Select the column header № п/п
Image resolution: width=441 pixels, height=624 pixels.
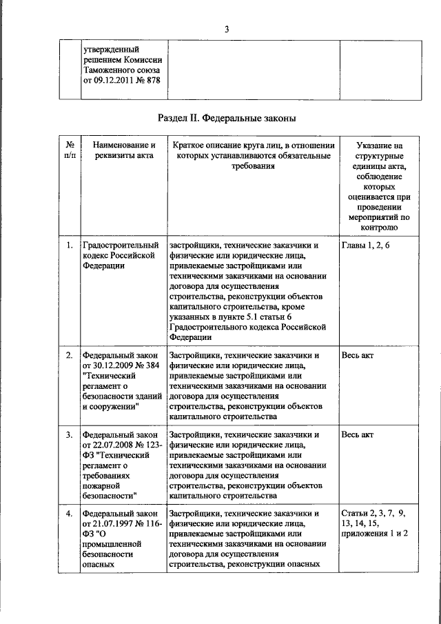tap(70, 151)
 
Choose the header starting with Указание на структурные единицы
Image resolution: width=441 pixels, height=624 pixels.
tap(380, 186)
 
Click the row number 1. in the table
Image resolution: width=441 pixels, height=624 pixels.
tap(70, 245)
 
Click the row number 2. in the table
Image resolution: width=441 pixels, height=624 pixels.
tap(70, 356)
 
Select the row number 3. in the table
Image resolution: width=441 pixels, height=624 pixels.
tap(70, 435)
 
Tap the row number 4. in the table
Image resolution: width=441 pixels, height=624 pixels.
tap(70, 514)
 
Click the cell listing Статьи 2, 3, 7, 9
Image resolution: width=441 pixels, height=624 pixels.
tap(377, 524)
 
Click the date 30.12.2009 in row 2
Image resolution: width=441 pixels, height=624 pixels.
tap(110, 366)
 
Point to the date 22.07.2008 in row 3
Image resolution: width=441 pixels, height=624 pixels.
tap(110, 445)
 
